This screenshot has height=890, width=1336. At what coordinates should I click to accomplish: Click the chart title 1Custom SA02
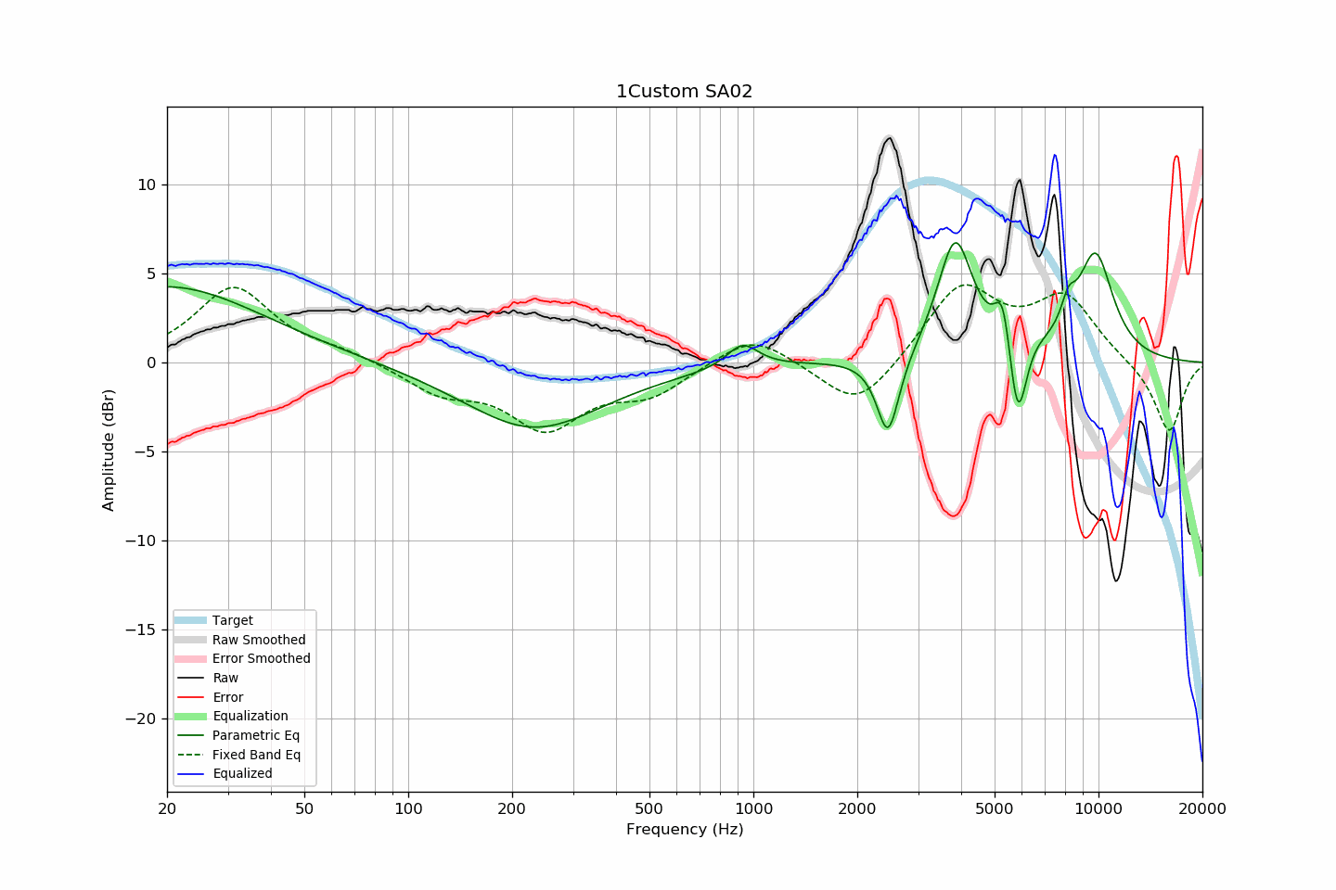(x=684, y=92)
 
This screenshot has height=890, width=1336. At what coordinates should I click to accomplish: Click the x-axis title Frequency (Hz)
(x=684, y=830)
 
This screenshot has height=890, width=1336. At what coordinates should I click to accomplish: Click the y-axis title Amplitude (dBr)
(x=109, y=450)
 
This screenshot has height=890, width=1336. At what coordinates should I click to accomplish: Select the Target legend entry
(x=232, y=620)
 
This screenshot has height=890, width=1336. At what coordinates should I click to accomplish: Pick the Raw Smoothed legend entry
(x=258, y=640)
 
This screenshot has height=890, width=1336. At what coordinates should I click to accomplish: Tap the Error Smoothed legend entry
(x=261, y=659)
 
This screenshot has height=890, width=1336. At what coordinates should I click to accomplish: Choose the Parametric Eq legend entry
(x=256, y=735)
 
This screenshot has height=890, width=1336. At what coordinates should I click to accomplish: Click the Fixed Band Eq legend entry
(x=256, y=755)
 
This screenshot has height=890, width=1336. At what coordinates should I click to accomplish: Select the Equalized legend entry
(x=242, y=774)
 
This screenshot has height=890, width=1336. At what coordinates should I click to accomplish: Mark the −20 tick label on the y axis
(x=142, y=719)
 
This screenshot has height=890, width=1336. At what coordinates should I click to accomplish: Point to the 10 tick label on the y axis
(x=147, y=185)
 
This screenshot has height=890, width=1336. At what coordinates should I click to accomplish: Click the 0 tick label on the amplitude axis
(x=151, y=363)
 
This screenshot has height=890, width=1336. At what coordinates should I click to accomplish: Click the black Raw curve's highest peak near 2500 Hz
(x=889, y=138)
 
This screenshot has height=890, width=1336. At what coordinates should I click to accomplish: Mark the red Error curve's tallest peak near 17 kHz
(x=1176, y=156)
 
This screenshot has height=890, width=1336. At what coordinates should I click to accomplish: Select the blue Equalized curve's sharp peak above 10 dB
(x=1054, y=155)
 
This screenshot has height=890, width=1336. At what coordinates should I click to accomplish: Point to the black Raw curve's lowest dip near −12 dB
(x=1116, y=581)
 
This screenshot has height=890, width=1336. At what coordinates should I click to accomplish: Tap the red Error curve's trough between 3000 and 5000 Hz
(x=953, y=516)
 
